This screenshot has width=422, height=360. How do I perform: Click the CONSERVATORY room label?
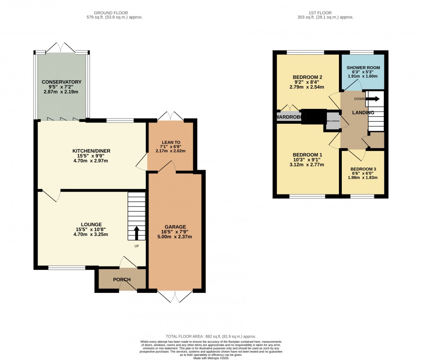click(x=61, y=82)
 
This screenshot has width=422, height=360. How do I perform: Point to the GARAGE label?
click(x=175, y=227)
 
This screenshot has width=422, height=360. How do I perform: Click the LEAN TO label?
click(x=170, y=142)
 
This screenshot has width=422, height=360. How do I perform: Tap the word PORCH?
click(x=122, y=280)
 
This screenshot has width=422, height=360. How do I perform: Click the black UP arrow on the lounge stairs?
click(x=136, y=233)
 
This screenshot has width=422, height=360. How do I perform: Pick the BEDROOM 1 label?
click(x=307, y=155)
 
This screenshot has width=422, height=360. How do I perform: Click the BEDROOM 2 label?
click(x=307, y=77)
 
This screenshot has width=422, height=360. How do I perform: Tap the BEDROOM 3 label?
click(x=363, y=169)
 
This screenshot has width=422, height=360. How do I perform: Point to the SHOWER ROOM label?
click(x=363, y=67)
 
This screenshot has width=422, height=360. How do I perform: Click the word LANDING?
click(x=363, y=113)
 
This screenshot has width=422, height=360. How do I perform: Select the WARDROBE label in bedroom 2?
click(x=289, y=117)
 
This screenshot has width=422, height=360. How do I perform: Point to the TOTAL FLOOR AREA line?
click(x=211, y=336)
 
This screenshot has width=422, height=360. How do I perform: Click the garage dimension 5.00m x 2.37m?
click(x=175, y=237)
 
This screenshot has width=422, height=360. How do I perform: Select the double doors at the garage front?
click(x=175, y=296)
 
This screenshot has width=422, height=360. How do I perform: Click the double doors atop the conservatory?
click(x=61, y=47)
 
